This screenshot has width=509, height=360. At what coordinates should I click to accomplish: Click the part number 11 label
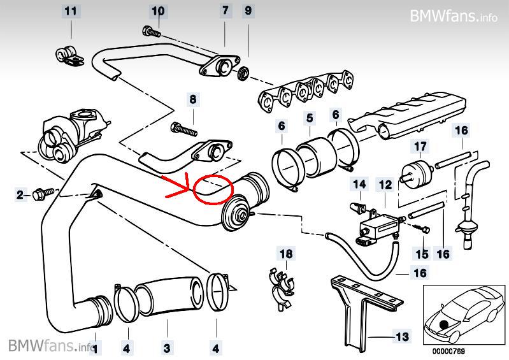pyautogui.click(x=71, y=11)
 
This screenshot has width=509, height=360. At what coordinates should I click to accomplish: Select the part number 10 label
pyautogui.click(x=157, y=11)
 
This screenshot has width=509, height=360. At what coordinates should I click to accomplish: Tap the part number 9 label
pyautogui.click(x=248, y=11)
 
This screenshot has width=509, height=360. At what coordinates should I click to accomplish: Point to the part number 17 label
pyautogui.click(x=420, y=147)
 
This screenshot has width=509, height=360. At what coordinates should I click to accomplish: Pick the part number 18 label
pyautogui.click(x=287, y=254)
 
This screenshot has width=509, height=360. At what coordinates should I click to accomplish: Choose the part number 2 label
pyautogui.click(x=20, y=194)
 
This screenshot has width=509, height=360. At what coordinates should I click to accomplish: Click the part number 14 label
pyautogui.click(x=360, y=185)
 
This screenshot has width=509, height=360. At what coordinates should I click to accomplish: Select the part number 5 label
pyautogui.click(x=309, y=118)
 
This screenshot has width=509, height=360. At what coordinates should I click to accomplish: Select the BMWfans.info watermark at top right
pyautogui.click(x=454, y=15)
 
